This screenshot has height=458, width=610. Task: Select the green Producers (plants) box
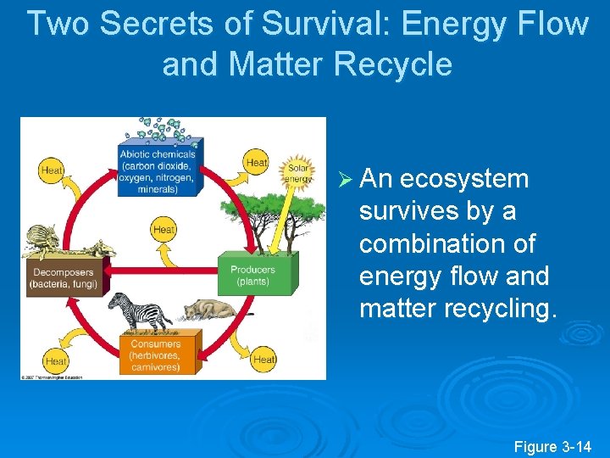click(x=252, y=275)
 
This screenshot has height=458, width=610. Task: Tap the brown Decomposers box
click(x=64, y=277)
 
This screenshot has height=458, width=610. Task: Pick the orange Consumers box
click(x=155, y=355)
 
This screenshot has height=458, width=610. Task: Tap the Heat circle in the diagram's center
click(x=164, y=229)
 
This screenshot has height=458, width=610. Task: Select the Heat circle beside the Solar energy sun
click(x=257, y=162)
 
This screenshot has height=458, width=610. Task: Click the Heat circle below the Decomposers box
click(x=55, y=360)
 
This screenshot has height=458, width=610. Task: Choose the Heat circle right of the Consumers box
click(x=264, y=359)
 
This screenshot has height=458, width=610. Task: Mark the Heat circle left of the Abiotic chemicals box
click(x=52, y=170)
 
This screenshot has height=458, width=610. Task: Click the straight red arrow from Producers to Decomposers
click(x=161, y=271)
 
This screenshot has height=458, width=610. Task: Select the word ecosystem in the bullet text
click(x=464, y=179)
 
